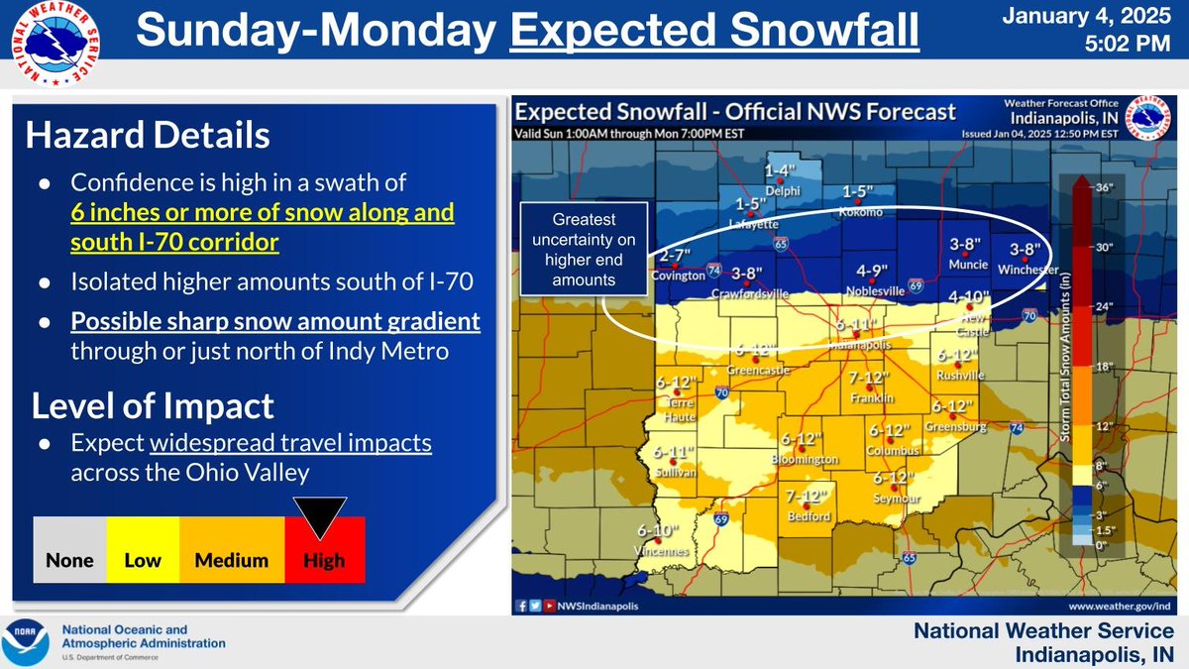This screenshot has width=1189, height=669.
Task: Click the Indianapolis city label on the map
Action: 859,345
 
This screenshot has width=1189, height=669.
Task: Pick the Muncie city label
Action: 967,265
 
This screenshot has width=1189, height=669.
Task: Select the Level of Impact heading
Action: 153,405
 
